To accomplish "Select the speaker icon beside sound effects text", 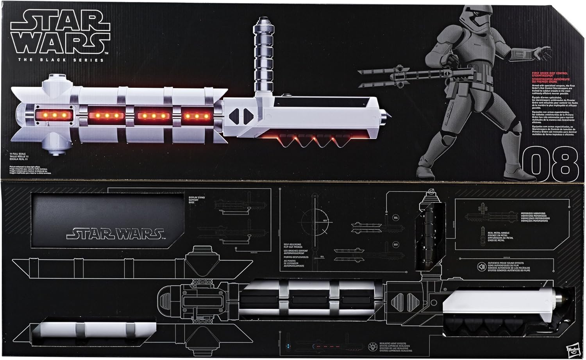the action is click(482, 267).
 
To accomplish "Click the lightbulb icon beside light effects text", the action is click(372, 347).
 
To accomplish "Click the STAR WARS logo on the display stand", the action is click(115, 234).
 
